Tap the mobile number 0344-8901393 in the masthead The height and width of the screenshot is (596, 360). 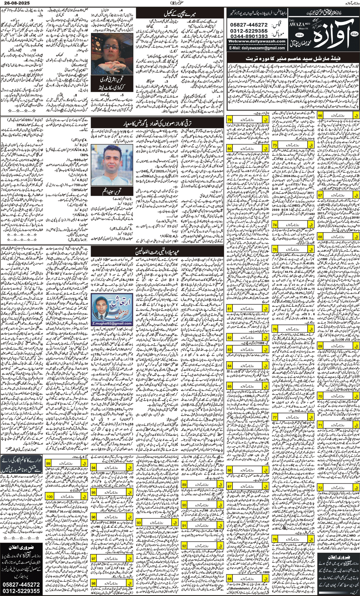tap(249, 36)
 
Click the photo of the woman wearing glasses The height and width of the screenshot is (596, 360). tap(107, 54)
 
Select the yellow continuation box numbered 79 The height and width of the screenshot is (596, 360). tap(230, 120)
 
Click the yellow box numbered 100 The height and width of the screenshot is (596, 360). tap(50, 496)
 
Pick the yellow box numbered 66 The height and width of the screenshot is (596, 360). tap(320, 116)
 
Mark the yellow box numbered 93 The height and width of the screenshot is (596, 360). tap(139, 523)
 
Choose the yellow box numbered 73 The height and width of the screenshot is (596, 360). tap(275, 145)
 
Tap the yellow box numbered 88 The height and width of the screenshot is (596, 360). tap(230, 579)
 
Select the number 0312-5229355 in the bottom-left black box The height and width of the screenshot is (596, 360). tap(21, 591)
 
